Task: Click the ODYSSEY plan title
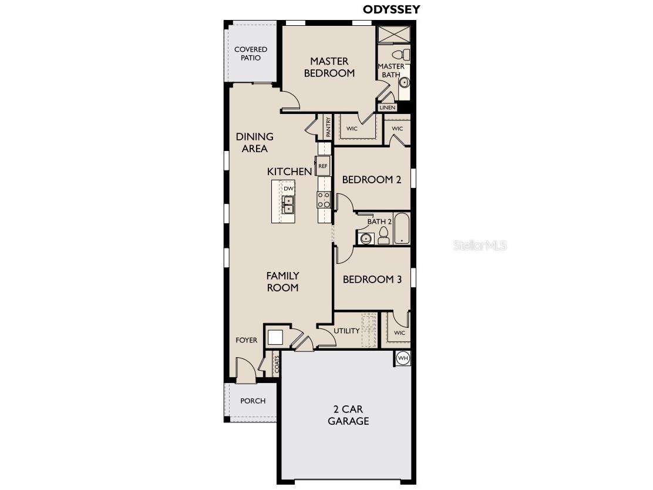coord(392,9)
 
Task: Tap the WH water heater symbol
coord(403,358)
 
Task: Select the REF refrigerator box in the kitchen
coord(322,166)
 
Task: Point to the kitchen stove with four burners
coord(324,200)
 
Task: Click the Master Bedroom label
coord(329,67)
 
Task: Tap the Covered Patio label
coord(251,53)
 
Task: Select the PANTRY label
coord(328,127)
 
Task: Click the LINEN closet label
coord(388,108)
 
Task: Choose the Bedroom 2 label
coord(372,180)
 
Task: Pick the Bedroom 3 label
coord(372,280)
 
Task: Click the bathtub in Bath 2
coord(402,229)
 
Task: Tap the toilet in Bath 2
coord(383,236)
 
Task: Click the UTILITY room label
coord(346,331)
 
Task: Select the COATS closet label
coord(277,365)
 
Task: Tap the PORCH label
coord(253,401)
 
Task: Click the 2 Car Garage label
coord(348,415)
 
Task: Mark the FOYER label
coord(247,340)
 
